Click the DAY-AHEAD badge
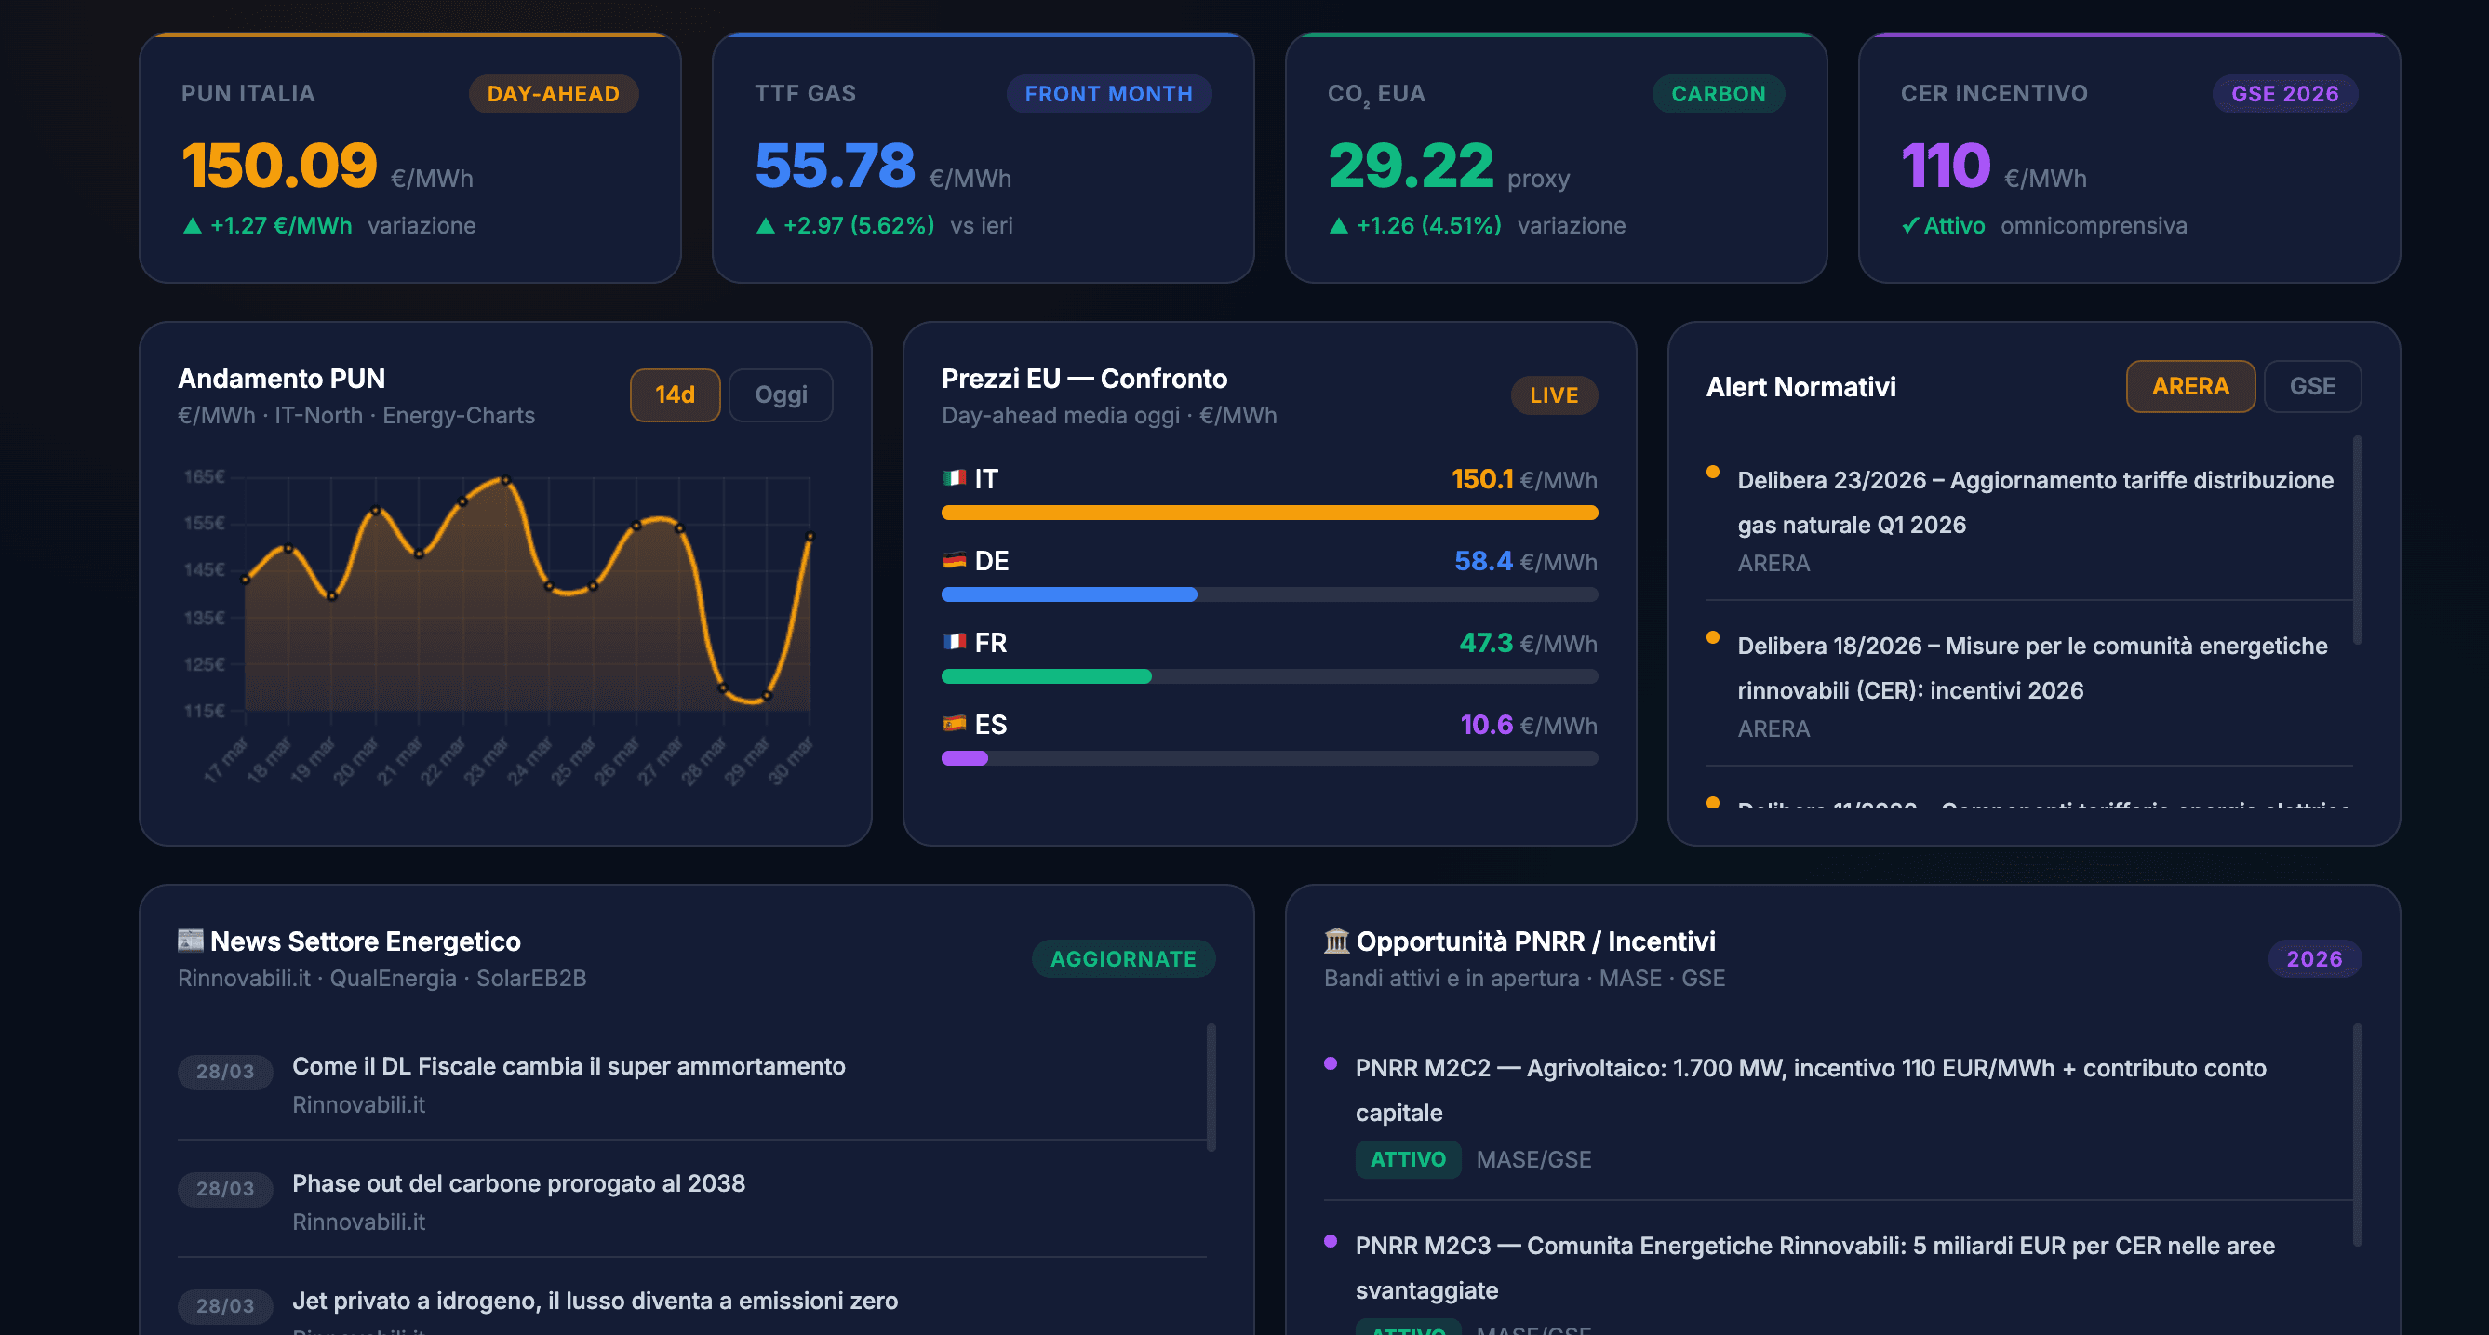point(553,94)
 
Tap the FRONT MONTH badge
point(1107,94)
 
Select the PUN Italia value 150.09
point(279,166)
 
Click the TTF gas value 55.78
point(834,166)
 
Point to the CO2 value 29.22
point(1410,166)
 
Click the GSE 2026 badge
point(2284,94)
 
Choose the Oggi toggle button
point(780,394)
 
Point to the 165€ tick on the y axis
point(204,476)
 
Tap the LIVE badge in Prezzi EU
point(1553,395)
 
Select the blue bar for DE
point(1069,595)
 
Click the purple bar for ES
point(964,758)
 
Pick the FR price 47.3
point(1485,643)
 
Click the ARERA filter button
point(2189,386)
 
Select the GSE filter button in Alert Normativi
point(2311,386)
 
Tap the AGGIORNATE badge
point(1123,958)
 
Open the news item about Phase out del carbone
point(518,1183)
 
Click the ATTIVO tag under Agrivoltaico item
point(1407,1159)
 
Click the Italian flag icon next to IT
point(954,478)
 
